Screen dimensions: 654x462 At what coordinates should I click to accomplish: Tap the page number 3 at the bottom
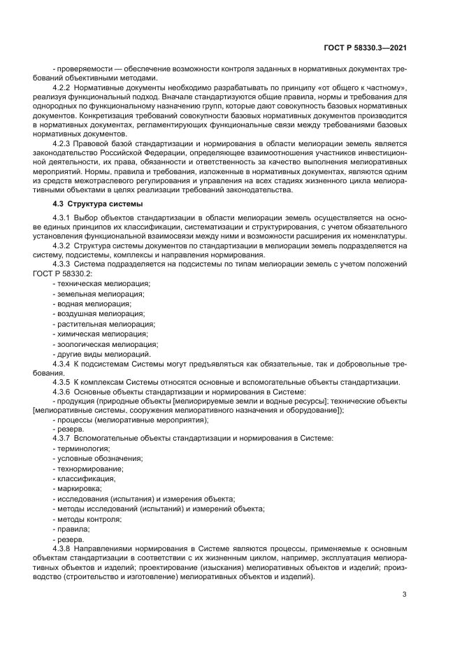click(404, 595)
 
